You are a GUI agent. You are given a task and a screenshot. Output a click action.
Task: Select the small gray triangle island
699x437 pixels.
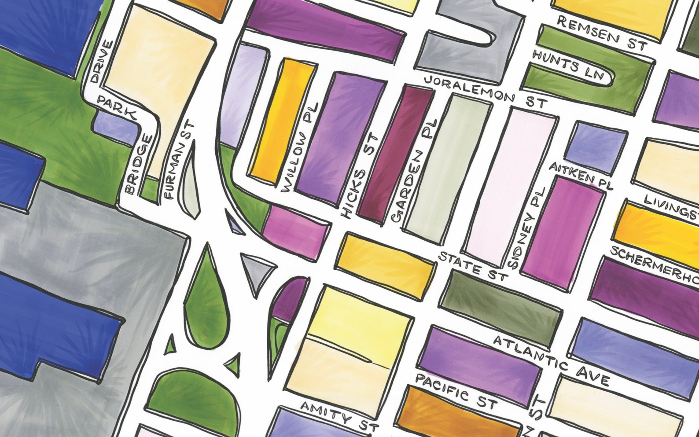pos(257,270)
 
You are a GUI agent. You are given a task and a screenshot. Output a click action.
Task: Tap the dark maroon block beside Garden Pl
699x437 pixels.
pos(395,154)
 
